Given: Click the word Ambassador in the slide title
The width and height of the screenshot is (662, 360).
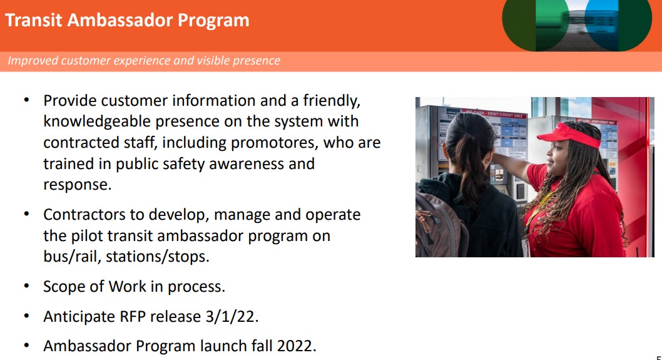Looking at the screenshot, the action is [x=120, y=20].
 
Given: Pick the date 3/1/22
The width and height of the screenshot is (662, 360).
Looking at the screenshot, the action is [x=232, y=316].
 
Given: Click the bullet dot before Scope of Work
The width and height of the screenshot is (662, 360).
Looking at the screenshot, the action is [x=27, y=286].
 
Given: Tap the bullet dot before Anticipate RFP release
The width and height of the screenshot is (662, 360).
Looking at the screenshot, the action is [x=27, y=316].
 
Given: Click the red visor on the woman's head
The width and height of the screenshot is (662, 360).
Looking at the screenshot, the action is [x=570, y=135].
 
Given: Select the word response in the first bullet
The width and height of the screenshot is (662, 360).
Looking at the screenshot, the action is [x=76, y=185].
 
